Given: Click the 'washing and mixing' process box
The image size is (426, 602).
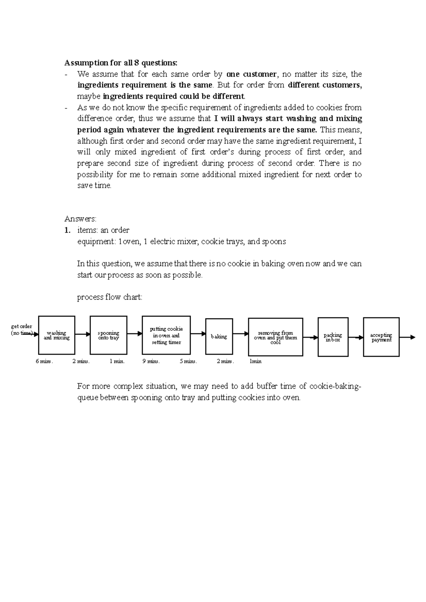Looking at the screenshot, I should (57, 335).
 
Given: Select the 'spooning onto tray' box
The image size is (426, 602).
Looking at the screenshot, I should (109, 335).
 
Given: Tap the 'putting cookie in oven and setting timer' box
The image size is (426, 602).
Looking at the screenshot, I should (166, 335).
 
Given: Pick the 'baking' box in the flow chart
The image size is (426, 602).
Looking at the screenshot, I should (219, 336).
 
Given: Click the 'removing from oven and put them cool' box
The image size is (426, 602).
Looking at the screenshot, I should (275, 337).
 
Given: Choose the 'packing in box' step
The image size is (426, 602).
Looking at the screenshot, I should (333, 337).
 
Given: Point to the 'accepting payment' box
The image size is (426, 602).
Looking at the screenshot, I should (381, 337).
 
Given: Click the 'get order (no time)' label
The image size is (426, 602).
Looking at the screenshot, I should (22, 330).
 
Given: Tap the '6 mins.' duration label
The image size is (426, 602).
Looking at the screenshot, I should (44, 361).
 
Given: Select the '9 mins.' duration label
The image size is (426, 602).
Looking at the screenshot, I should (151, 361).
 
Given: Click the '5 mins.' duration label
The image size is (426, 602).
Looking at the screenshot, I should (188, 361).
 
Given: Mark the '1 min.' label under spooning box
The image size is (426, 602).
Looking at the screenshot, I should (117, 361).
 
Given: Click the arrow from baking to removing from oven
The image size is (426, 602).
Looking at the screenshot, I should (241, 334).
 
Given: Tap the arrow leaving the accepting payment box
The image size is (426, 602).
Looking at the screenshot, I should (407, 337).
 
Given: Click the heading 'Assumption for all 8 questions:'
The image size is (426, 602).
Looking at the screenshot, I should (120, 63).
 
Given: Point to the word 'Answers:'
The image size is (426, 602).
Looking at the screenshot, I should (80, 219).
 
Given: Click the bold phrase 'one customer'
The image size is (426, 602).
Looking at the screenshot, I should (251, 74).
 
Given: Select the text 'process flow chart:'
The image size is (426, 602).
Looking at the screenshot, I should (110, 297).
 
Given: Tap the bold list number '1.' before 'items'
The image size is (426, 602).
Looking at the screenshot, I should (67, 230).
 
